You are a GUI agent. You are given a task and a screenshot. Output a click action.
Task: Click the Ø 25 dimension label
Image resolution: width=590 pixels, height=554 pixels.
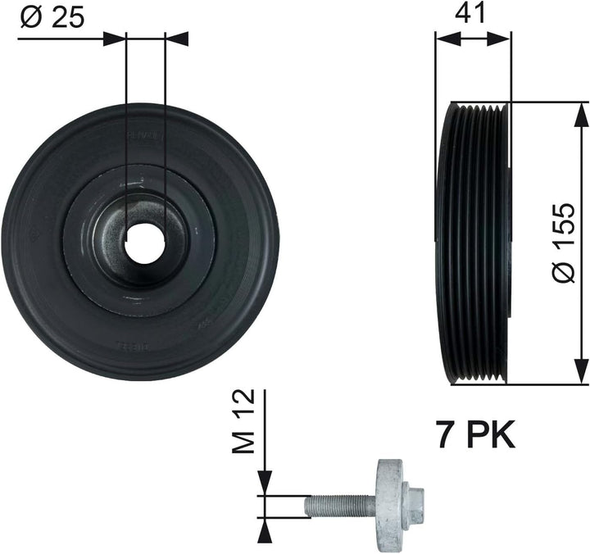click(51, 18)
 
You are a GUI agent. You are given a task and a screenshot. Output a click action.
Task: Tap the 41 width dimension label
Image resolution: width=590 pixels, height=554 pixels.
click(473, 14)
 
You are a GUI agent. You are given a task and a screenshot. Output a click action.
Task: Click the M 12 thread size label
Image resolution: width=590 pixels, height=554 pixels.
click(243, 420)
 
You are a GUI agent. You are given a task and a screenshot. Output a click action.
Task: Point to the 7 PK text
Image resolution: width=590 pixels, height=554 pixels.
click(475, 435)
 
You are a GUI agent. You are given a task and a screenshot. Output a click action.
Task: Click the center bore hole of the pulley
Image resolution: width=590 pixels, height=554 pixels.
click(145, 243)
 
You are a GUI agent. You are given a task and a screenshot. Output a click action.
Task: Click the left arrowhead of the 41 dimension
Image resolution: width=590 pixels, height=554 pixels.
click(442, 38)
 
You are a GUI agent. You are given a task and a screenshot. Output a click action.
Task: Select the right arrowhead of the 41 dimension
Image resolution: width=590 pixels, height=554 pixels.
click(504, 38)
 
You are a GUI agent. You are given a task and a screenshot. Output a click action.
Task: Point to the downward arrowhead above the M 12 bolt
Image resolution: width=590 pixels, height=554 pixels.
click(265, 487)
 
